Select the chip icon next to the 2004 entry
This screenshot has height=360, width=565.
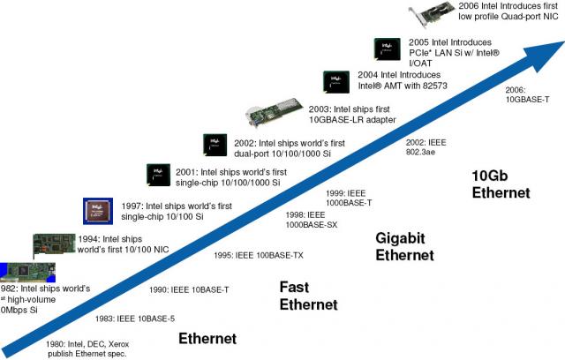(x=335, y=82)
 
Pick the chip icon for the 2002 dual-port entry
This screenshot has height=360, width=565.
(x=215, y=145)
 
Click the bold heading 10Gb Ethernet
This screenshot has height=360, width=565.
(x=501, y=183)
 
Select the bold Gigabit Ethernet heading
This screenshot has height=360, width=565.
(x=405, y=246)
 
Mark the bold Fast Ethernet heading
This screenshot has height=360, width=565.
(x=308, y=296)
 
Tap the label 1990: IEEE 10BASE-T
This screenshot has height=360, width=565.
(x=189, y=289)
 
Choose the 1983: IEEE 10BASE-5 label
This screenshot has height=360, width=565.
(x=134, y=317)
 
